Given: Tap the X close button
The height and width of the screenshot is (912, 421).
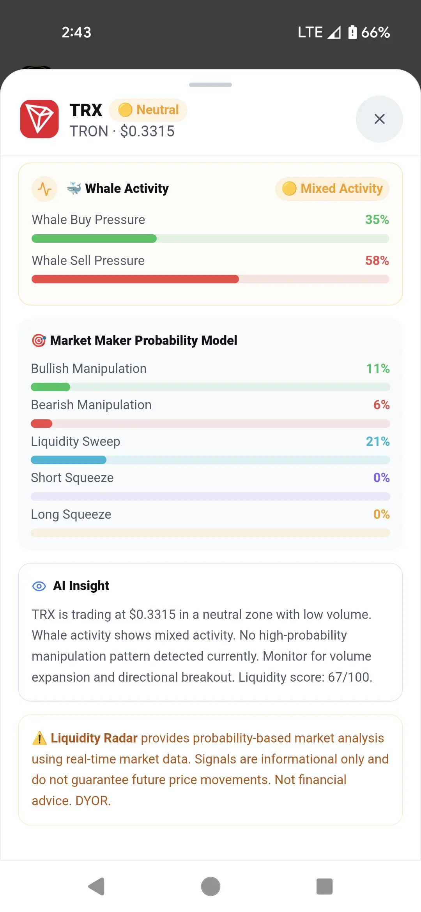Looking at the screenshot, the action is point(379,119).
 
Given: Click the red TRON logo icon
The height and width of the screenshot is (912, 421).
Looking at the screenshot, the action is point(39,119).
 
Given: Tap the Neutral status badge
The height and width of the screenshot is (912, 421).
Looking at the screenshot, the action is point(148,110).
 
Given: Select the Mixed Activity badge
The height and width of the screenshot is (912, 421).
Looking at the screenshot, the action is point(332,189).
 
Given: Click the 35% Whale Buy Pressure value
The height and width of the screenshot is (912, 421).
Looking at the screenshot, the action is point(377,220).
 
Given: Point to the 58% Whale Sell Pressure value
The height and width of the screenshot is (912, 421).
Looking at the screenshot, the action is point(377,261).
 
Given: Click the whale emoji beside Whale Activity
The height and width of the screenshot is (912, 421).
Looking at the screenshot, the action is point(74,189).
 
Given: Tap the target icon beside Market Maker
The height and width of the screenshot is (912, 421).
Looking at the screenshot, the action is point(39,340).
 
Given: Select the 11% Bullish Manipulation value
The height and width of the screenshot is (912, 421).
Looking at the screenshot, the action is point(378,369).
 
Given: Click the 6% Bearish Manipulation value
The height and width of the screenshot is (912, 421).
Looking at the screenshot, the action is point(382,405).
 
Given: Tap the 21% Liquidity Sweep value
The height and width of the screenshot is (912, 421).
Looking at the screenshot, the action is point(378,442).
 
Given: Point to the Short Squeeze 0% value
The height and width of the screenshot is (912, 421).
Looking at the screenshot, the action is point(382,478).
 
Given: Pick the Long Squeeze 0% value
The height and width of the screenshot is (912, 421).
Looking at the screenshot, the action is point(382,514).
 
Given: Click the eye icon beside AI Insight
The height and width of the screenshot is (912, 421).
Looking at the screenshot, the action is point(39,586).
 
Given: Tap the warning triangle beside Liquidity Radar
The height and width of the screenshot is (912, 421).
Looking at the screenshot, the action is point(39,738).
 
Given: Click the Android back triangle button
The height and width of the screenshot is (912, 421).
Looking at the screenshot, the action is point(97,887).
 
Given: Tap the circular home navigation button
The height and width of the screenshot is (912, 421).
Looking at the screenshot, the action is point(210,887).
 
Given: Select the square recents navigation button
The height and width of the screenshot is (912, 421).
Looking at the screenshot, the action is point(324,887).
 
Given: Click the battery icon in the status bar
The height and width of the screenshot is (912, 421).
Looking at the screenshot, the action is point(352,32).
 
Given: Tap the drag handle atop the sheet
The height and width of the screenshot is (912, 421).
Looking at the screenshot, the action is point(210,85).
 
